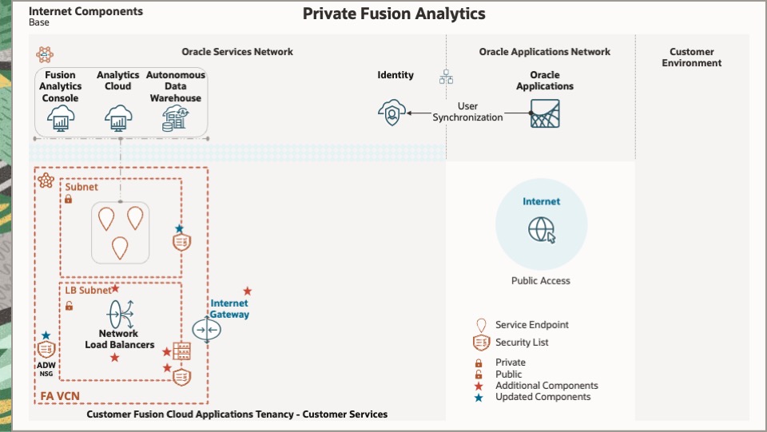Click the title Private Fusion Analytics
tap(394, 14)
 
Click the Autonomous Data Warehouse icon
tap(175, 119)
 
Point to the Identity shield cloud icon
tap(391, 113)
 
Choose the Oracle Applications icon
tap(545, 113)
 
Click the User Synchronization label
tap(468, 112)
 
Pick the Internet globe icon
tap(541, 230)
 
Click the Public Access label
tap(541, 281)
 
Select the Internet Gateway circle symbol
tap(206, 331)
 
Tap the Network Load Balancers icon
tap(121, 312)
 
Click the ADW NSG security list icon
tap(46, 351)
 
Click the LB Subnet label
tap(88, 291)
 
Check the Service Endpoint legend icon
tap(481, 325)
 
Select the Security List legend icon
tap(481, 343)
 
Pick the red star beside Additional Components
tap(479, 386)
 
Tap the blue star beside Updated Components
tap(479, 397)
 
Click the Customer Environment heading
tap(692, 57)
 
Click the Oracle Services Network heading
tap(237, 52)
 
